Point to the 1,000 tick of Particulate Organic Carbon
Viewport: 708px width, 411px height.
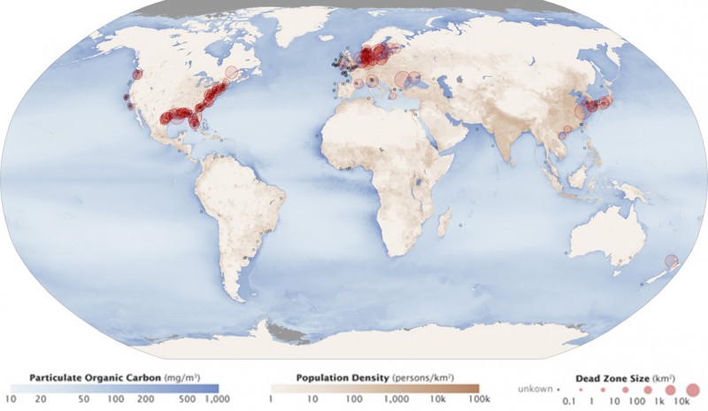click(x=216, y=400)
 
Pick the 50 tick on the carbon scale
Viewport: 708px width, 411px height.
click(x=84, y=400)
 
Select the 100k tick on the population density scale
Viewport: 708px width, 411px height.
click(x=466, y=400)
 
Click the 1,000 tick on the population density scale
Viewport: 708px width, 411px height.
click(x=387, y=400)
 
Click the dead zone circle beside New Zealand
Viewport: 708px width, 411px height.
click(x=671, y=261)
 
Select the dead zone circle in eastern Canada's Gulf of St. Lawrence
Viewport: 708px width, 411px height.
click(x=233, y=74)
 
